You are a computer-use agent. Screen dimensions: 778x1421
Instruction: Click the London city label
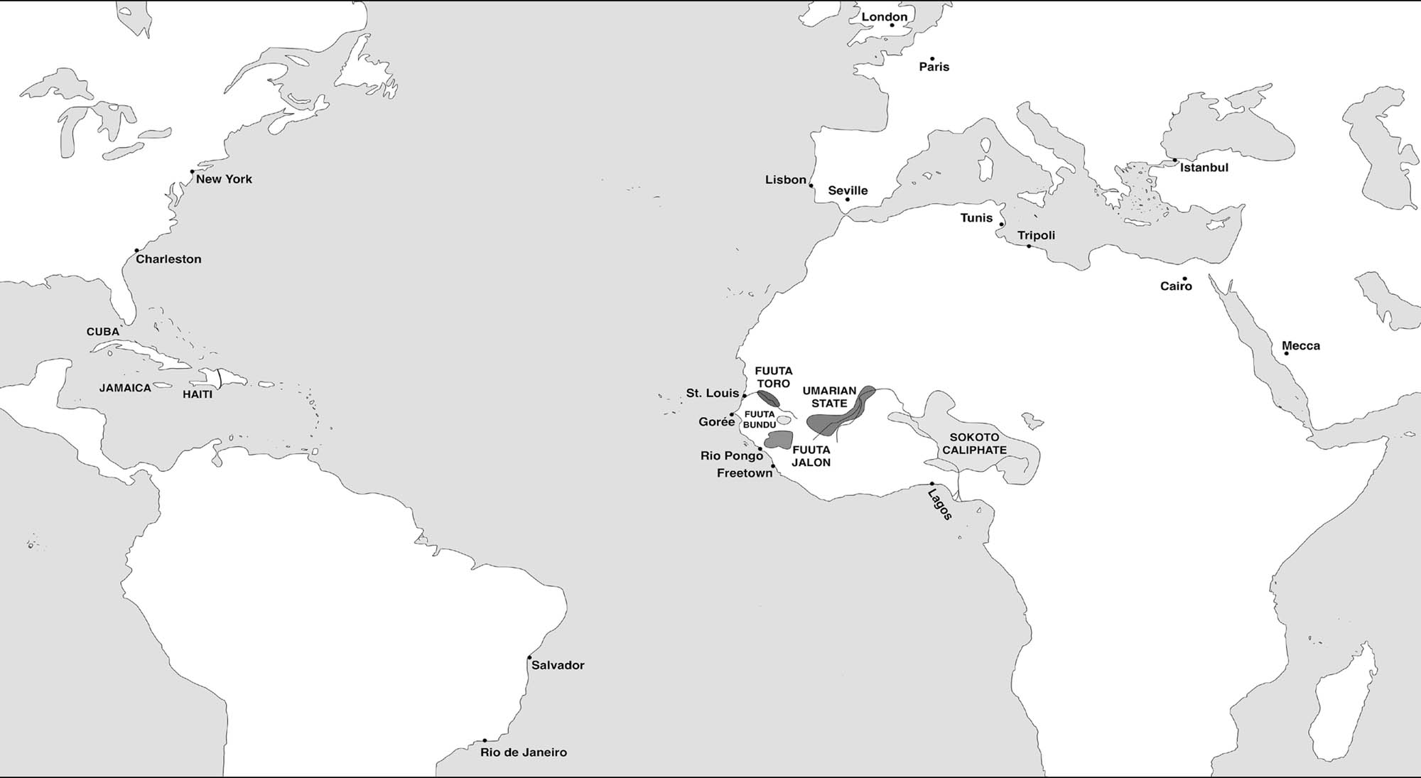pos(885,17)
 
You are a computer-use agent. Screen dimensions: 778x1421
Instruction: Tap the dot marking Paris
pos(932,59)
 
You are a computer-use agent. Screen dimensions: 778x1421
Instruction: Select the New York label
pos(224,179)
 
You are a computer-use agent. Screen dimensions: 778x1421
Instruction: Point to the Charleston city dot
pos(136,251)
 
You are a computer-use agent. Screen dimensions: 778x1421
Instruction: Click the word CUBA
pos(103,332)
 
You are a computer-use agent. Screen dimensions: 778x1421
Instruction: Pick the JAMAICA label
pos(125,388)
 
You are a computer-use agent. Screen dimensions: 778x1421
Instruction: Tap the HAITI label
pos(198,394)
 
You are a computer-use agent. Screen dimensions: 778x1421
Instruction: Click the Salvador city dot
pos(529,657)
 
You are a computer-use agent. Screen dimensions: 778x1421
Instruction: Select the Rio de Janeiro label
pos(524,752)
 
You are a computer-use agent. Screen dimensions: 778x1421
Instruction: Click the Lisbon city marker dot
pos(811,186)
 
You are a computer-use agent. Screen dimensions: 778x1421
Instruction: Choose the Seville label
pos(848,190)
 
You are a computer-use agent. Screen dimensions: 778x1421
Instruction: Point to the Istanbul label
pos(1204,168)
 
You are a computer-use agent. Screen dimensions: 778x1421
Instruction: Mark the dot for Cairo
pos(1184,279)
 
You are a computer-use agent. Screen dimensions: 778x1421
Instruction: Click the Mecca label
pos(1301,346)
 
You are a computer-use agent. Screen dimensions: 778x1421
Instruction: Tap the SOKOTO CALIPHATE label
pos(974,443)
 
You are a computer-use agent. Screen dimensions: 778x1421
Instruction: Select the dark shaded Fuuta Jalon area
pos(779,439)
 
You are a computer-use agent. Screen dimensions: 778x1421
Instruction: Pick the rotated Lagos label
pos(940,504)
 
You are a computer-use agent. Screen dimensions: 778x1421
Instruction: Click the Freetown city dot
pos(773,466)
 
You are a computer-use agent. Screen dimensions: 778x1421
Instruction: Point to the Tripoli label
pos(1036,235)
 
